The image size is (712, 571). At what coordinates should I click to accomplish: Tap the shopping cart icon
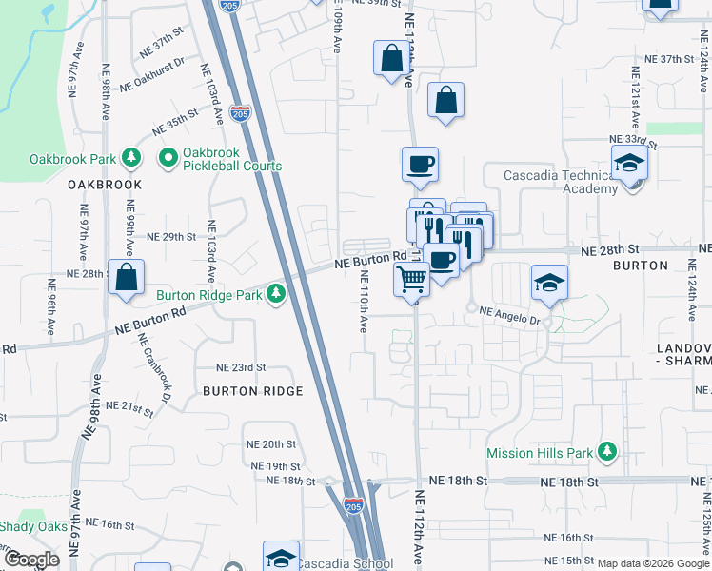pyautogui.click(x=412, y=280)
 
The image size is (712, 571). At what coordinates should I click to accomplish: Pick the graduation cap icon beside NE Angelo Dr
pyautogui.click(x=549, y=282)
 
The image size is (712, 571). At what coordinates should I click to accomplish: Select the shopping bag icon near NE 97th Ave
pyautogui.click(x=126, y=277)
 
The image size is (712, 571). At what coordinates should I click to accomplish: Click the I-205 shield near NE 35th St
pyautogui.click(x=241, y=114)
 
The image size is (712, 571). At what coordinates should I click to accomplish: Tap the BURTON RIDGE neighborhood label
pyautogui.click(x=253, y=391)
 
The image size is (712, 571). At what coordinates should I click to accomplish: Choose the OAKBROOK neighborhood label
pyautogui.click(x=105, y=185)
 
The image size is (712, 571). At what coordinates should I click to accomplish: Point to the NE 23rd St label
pyautogui.click(x=241, y=367)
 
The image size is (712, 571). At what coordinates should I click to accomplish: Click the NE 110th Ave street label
pyautogui.click(x=363, y=302)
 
